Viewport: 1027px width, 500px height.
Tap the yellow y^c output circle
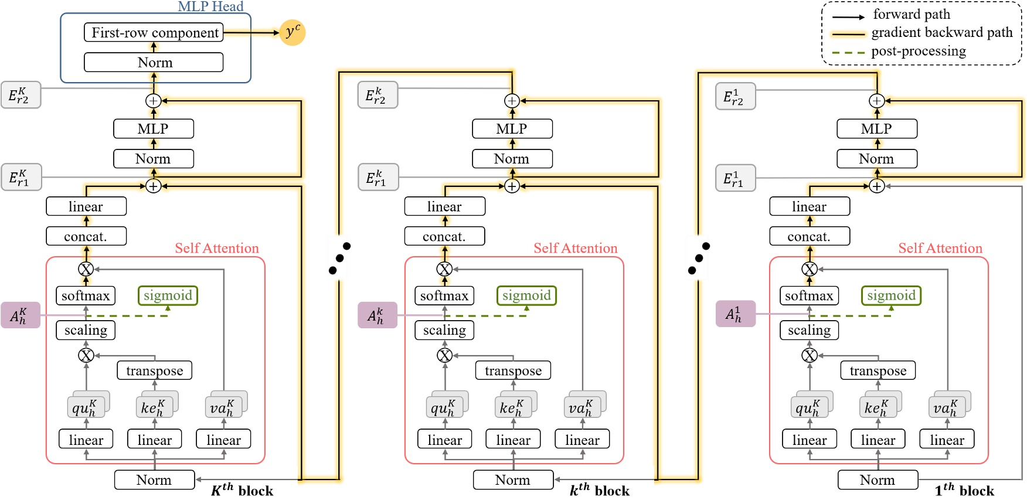pos(293,32)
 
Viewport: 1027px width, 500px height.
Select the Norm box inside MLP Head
pos(154,62)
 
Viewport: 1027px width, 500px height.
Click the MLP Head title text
pos(210,6)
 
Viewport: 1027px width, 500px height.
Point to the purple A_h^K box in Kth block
pos(21,315)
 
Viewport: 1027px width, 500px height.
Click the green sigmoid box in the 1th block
pos(891,295)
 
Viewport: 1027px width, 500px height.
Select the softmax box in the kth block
pos(444,295)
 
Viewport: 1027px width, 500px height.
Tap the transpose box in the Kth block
pos(155,370)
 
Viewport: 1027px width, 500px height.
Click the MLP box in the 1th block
pos(876,129)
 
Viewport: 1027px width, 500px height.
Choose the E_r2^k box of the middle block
pos(378,95)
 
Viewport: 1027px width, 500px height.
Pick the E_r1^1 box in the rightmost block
pos(735,178)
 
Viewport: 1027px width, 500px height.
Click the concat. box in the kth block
pos(444,236)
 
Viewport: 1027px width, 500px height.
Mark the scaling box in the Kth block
pos(86,330)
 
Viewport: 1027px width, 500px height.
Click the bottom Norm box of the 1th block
pos(877,479)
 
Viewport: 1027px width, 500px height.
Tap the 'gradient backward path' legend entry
pos(941,33)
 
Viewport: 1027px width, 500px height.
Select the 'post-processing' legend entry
pos(918,52)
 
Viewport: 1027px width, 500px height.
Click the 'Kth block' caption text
pos(242,490)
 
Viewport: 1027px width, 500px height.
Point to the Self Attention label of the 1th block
pos(940,249)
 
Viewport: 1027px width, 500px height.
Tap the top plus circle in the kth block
pos(512,101)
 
